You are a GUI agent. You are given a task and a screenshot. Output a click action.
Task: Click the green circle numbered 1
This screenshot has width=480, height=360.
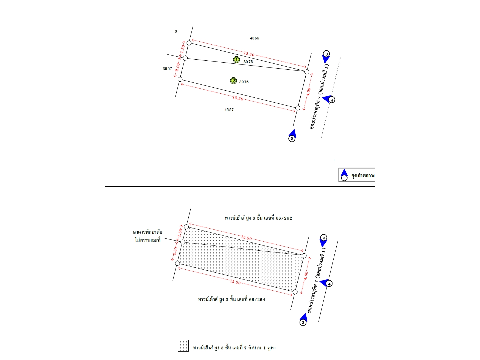tap(236, 60)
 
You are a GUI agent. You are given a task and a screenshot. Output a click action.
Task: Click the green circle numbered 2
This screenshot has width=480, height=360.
tap(233, 81)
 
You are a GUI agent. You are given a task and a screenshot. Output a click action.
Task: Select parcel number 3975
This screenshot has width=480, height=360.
tap(248, 62)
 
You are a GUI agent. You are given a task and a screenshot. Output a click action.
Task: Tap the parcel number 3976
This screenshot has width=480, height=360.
tap(244, 82)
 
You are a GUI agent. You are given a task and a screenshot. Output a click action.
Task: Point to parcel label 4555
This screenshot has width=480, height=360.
tap(254, 38)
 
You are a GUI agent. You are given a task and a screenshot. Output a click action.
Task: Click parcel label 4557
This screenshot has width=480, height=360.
tap(229, 110)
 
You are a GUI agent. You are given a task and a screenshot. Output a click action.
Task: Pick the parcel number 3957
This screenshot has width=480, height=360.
tap(167, 69)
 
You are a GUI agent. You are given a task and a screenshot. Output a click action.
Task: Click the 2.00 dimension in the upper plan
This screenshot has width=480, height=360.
tap(178, 67)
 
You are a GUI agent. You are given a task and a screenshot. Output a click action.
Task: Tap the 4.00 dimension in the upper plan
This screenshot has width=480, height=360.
tap(308, 92)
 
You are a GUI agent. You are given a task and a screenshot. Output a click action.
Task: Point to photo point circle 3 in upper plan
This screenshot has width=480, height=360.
tap(326, 54)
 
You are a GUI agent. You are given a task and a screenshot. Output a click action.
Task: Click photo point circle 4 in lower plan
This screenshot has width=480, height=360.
tap(329, 284)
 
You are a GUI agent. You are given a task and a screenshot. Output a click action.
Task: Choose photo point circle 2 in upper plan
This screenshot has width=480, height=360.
tap(292, 139)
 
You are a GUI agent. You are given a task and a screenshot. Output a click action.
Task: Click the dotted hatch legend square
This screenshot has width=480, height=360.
tap(183, 346)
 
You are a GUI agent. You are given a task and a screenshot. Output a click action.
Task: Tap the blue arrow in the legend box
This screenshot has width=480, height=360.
tap(344, 173)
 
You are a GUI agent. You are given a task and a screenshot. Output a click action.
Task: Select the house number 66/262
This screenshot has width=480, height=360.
tap(284, 218)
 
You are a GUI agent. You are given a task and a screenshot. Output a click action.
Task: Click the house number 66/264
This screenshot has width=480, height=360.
tap(257, 300)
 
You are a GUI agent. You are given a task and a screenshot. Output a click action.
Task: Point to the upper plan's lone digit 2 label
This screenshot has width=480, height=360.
tap(176, 32)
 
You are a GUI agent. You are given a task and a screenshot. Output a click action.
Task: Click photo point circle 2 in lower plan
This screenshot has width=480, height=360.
tap(303, 322)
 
